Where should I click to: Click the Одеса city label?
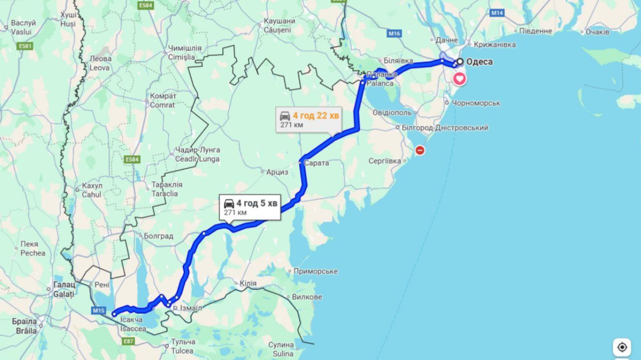click(479, 62)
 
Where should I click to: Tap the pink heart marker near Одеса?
click(459, 79)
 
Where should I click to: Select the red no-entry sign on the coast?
click(420, 150)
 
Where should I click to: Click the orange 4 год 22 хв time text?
click(316, 116)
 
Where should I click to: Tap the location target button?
click(622, 347)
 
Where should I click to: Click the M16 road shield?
click(394, 34)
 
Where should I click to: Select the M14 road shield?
click(497, 13)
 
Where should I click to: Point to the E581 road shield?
click(25, 46)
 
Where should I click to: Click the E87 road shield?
click(129, 341)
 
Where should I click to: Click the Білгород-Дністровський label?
click(445, 128)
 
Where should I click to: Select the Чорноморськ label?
click(476, 103)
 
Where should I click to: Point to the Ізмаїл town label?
click(191, 308)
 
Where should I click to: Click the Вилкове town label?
click(306, 297)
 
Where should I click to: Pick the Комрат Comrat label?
click(163, 100)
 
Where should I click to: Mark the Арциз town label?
click(277, 172)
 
